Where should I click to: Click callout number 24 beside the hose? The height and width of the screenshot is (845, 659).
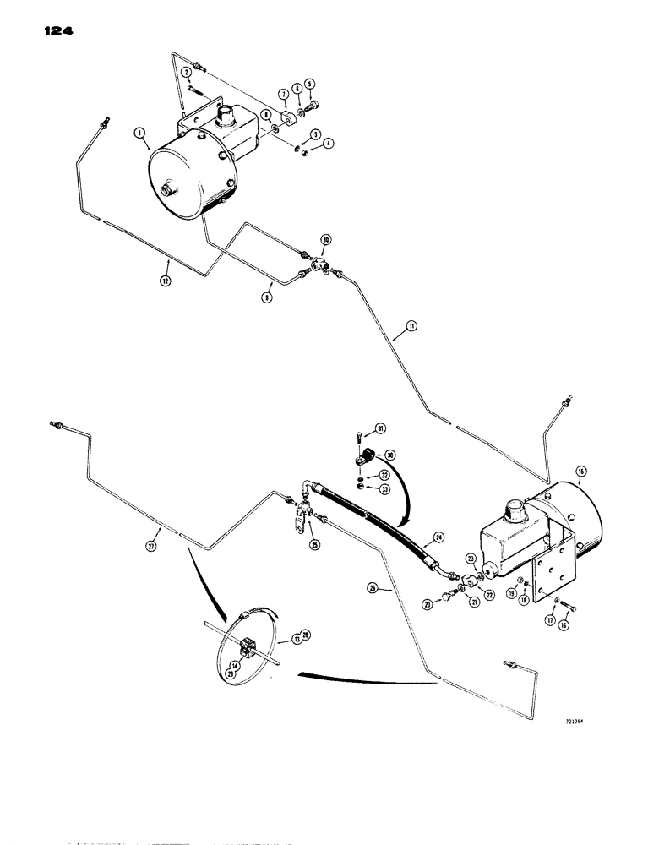pyautogui.click(x=438, y=536)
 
